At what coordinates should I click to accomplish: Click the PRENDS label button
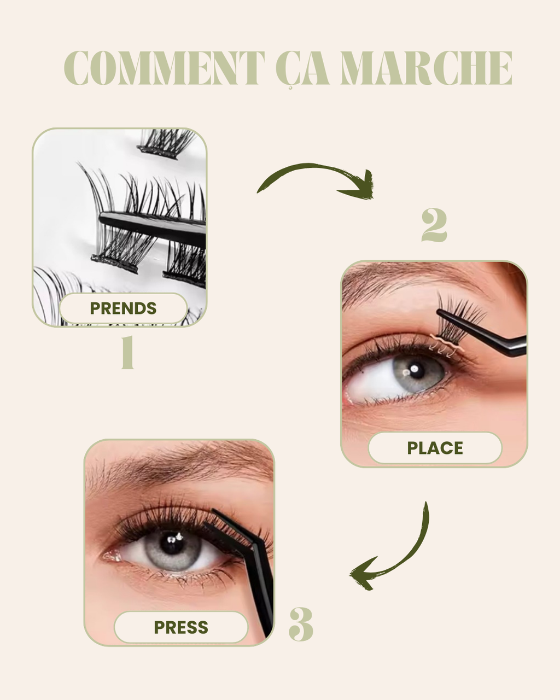point(123,308)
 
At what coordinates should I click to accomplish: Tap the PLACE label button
point(435,448)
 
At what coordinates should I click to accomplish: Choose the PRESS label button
point(181,627)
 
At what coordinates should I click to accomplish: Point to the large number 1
point(127,353)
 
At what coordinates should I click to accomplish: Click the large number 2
point(434,225)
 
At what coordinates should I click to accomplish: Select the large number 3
point(301,623)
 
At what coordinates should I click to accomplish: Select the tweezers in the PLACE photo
point(487,334)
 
